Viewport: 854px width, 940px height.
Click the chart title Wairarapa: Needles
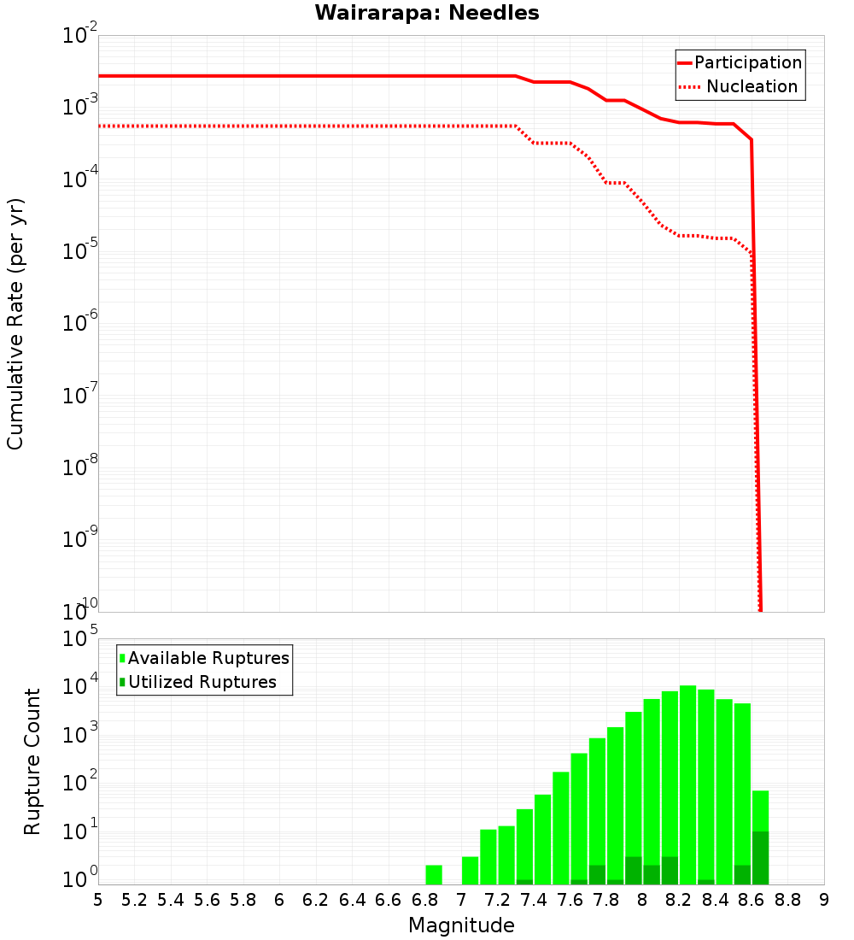(x=427, y=14)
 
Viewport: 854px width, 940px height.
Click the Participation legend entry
(x=747, y=62)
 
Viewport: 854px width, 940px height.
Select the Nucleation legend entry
(x=752, y=86)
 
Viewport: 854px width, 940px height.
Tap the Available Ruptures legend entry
(x=208, y=658)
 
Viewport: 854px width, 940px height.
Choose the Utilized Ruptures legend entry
(x=202, y=682)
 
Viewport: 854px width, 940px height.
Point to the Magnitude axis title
(x=461, y=925)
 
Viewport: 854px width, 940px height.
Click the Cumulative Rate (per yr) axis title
(x=15, y=323)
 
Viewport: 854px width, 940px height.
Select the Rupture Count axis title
(x=32, y=761)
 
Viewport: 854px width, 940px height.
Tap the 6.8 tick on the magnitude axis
(x=424, y=900)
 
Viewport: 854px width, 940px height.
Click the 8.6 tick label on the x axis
(x=752, y=900)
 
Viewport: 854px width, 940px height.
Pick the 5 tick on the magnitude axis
(x=98, y=900)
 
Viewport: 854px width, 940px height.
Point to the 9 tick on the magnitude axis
(x=824, y=900)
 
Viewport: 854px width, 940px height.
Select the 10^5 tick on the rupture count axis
(x=82, y=639)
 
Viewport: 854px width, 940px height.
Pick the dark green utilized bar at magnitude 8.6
(x=760, y=858)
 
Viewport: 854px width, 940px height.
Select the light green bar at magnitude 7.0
(x=470, y=870)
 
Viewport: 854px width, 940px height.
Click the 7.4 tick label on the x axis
(x=534, y=900)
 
